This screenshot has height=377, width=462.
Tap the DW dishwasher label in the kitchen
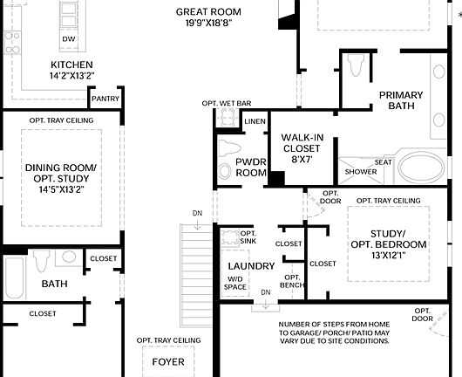pyautogui.click(x=68, y=40)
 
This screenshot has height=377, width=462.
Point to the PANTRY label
pyautogui.click(x=105, y=99)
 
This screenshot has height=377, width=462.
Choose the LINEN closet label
pyautogui.click(x=255, y=121)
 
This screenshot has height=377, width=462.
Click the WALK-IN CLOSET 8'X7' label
pyautogui.click(x=302, y=148)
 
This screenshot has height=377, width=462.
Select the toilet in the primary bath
pyautogui.click(x=354, y=66)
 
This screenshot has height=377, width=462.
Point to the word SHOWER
pyautogui.click(x=360, y=172)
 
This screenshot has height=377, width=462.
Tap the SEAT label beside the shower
pyautogui.click(x=383, y=161)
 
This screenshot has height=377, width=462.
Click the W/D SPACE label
pyautogui.click(x=235, y=284)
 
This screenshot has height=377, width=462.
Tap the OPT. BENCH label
pyautogui.click(x=291, y=282)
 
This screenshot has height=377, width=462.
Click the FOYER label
pyautogui.click(x=168, y=361)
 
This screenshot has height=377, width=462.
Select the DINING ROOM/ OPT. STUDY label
pyautogui.click(x=60, y=179)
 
